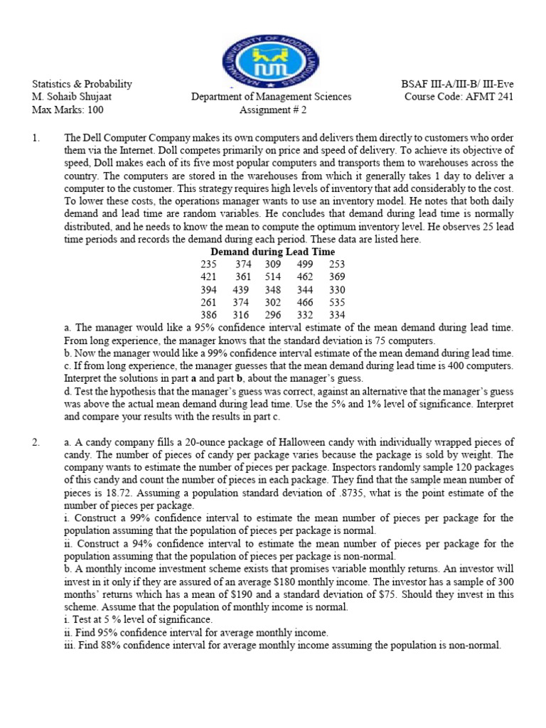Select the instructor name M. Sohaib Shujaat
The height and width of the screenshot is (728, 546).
80,97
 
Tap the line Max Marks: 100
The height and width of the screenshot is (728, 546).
68,109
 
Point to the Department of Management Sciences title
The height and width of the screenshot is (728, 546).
271,97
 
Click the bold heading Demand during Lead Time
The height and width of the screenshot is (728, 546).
272,252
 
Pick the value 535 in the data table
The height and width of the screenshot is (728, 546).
337,302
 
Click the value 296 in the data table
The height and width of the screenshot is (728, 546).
272,315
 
